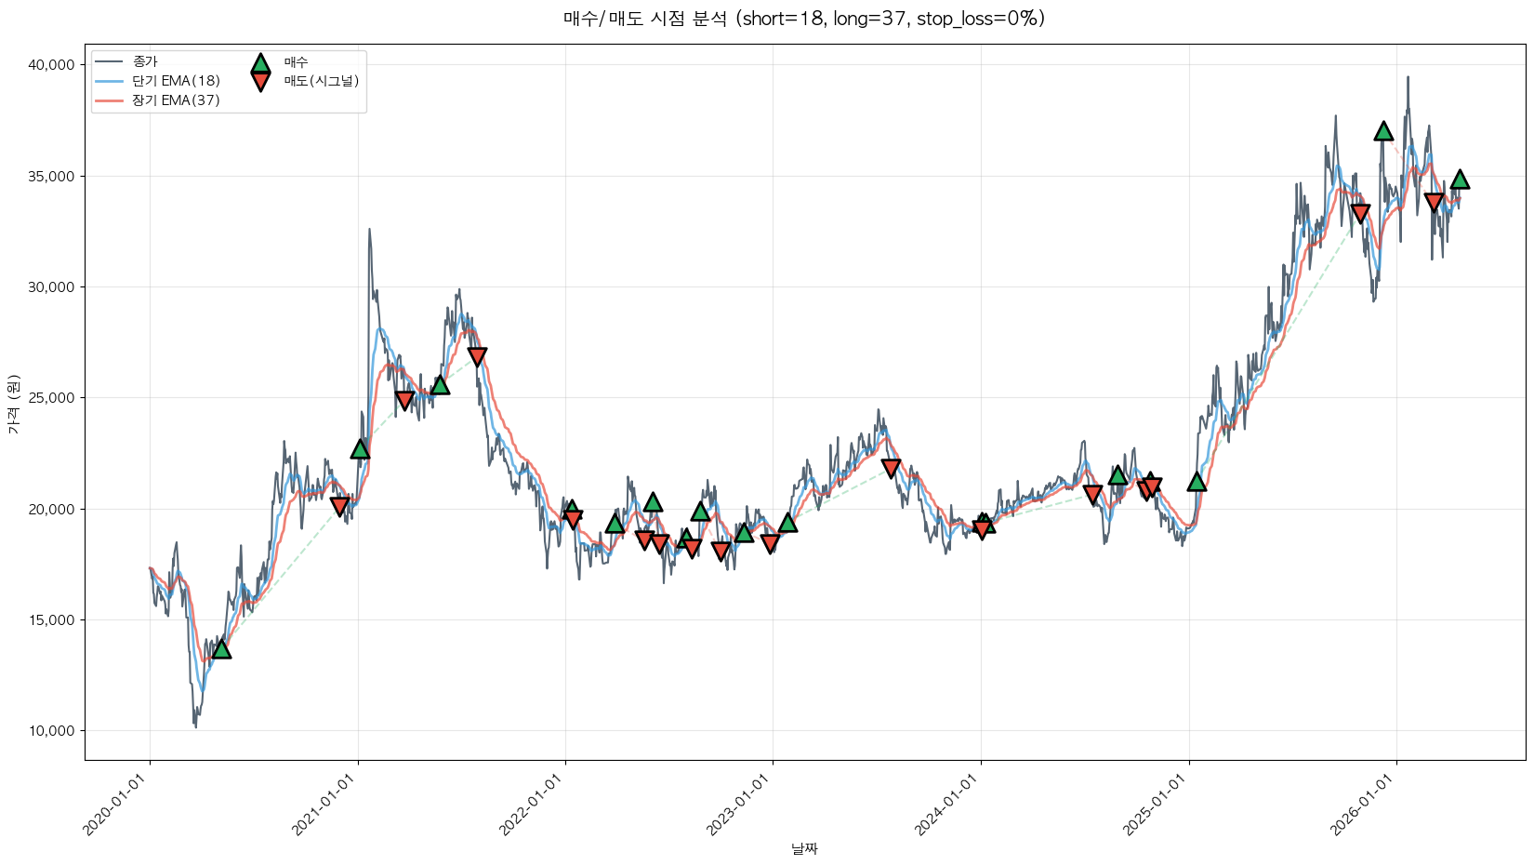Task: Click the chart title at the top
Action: (x=804, y=19)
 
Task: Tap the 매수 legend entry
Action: (x=296, y=62)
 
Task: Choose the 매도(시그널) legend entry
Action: (x=321, y=81)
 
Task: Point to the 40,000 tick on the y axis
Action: (x=51, y=65)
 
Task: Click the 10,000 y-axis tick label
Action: (x=51, y=731)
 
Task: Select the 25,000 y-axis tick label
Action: (x=51, y=398)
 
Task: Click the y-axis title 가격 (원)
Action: (x=13, y=404)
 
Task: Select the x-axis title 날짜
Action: (x=804, y=848)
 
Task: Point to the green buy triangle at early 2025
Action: (x=1197, y=481)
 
